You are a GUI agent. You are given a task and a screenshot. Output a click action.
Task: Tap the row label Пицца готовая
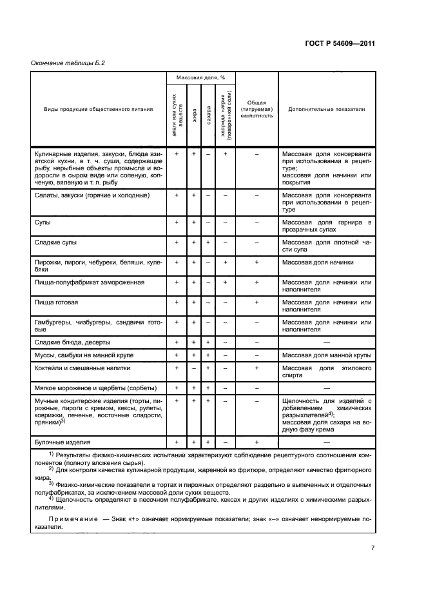(56, 302)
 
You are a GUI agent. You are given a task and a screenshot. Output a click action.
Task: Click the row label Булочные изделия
(62, 442)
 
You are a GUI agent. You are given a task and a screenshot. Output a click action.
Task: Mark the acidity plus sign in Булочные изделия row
(257, 442)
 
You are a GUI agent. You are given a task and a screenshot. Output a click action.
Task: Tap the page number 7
(373, 548)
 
